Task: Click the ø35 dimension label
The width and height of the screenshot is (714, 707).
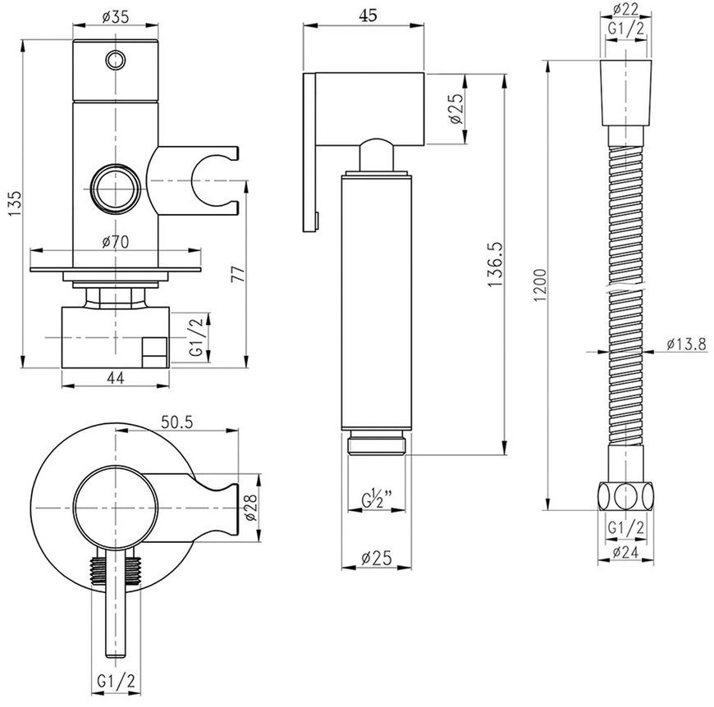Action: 116,17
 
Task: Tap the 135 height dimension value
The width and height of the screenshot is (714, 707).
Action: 14,203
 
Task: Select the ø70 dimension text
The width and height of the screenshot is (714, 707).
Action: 115,242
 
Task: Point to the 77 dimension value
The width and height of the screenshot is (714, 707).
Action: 239,275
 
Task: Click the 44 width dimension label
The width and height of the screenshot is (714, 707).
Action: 115,377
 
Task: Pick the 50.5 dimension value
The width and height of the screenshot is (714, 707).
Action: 177,422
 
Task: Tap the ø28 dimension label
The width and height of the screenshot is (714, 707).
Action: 250,507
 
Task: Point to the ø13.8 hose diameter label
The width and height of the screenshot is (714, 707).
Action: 687,344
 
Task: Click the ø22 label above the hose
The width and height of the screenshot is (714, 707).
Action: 625,9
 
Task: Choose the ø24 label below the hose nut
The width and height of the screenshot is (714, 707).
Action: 625,552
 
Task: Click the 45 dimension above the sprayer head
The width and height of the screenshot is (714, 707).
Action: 368,16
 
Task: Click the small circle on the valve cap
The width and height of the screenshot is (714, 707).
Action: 116,60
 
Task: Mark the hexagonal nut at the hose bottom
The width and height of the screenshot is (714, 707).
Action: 625,496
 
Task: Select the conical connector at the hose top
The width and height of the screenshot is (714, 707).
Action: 625,93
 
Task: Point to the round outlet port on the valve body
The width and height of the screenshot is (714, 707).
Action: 116,188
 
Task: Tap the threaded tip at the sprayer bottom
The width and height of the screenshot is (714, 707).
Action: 377,445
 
